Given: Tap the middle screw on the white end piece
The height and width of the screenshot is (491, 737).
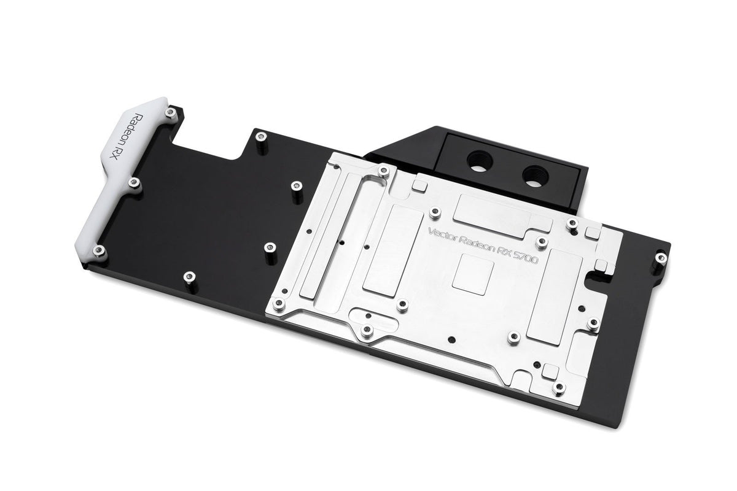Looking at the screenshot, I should pos(133,182).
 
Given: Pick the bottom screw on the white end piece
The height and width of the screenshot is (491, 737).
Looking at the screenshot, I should pos(98,250).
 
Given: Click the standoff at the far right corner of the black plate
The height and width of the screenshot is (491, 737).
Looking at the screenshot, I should pos(660,258).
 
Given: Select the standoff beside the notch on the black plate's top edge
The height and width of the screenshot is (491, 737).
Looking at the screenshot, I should pos(261,136).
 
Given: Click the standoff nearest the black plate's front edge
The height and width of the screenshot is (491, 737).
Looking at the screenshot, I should pos(189,277).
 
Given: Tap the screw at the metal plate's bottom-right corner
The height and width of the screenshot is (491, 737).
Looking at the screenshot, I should pos(558,387).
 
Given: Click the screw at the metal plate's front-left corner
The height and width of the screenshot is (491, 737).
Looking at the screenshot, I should pos(279,303).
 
